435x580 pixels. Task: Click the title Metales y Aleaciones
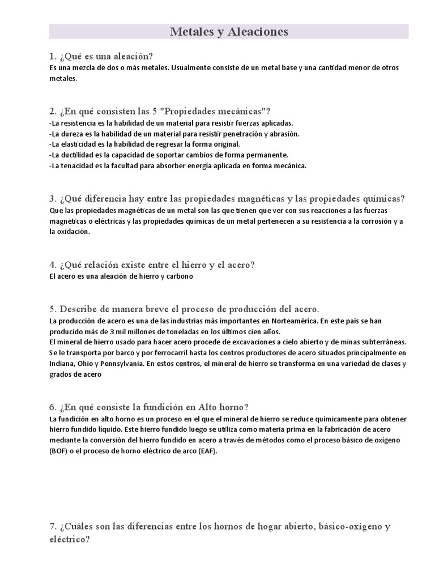coord(229,32)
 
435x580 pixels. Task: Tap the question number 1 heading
coord(101,56)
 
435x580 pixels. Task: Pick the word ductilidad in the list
coord(78,155)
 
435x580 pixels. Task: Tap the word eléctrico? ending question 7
coord(69,540)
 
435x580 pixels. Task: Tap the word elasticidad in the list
coord(79,144)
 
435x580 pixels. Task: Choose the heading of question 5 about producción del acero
coord(184,309)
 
